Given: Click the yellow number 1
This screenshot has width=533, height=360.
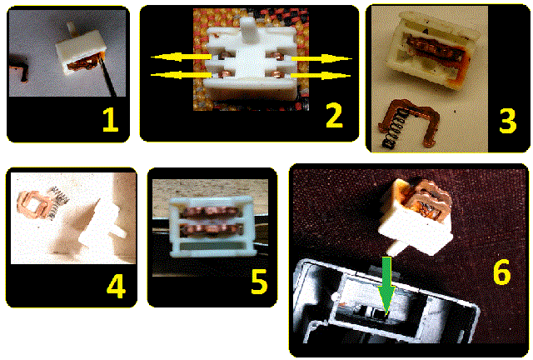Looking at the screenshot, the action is pos(111,120).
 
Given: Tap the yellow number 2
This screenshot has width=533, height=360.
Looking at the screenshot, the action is pos(334,116).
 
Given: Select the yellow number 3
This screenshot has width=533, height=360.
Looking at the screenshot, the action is pos(507,121).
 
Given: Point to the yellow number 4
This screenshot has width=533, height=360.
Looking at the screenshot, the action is pos(116,286).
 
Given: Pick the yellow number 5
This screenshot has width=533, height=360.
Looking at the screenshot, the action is pos(259,281).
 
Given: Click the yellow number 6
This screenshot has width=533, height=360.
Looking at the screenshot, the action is pos(501,272).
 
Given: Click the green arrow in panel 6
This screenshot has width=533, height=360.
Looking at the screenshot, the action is pos(386,285).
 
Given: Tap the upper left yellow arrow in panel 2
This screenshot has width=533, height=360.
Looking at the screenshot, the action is pos(182,57).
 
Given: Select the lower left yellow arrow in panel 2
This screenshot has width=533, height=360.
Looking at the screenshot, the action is pos(182,74).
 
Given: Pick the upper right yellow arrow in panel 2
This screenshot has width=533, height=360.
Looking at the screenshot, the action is pos(321,58).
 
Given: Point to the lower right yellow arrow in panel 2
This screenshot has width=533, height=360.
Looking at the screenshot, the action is pos(321,75).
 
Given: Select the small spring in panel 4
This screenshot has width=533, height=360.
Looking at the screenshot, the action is pos(57,202).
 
